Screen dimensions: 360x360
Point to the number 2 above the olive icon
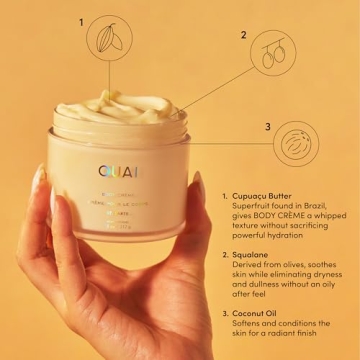pyautogui.click(x=243, y=34)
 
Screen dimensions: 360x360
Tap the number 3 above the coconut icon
pyautogui.click(x=267, y=126)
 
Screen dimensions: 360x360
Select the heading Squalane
pyautogui.click(x=257, y=255)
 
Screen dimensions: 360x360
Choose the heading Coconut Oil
pyautogui.click(x=263, y=313)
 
